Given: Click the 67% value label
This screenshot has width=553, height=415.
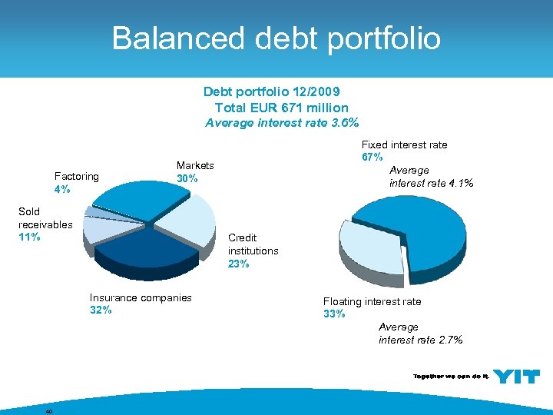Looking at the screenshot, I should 373,157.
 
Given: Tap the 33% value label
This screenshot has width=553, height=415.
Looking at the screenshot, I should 334,314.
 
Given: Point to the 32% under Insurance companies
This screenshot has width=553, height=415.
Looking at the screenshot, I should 101,310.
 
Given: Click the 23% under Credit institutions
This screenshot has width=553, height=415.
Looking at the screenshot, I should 238,264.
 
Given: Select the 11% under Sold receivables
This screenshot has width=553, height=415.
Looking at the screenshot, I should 29,237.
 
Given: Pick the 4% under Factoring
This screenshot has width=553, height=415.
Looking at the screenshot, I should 62,188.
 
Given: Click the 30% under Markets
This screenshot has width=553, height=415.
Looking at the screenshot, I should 187,178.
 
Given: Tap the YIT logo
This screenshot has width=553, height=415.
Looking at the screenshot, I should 516,377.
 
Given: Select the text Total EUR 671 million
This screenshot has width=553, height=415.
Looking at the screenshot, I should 281,108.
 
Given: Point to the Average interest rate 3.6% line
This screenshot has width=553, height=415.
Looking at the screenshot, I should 281,122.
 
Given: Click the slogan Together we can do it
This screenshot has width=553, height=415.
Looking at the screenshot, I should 449,377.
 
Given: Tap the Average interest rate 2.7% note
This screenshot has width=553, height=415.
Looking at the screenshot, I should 420,334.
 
